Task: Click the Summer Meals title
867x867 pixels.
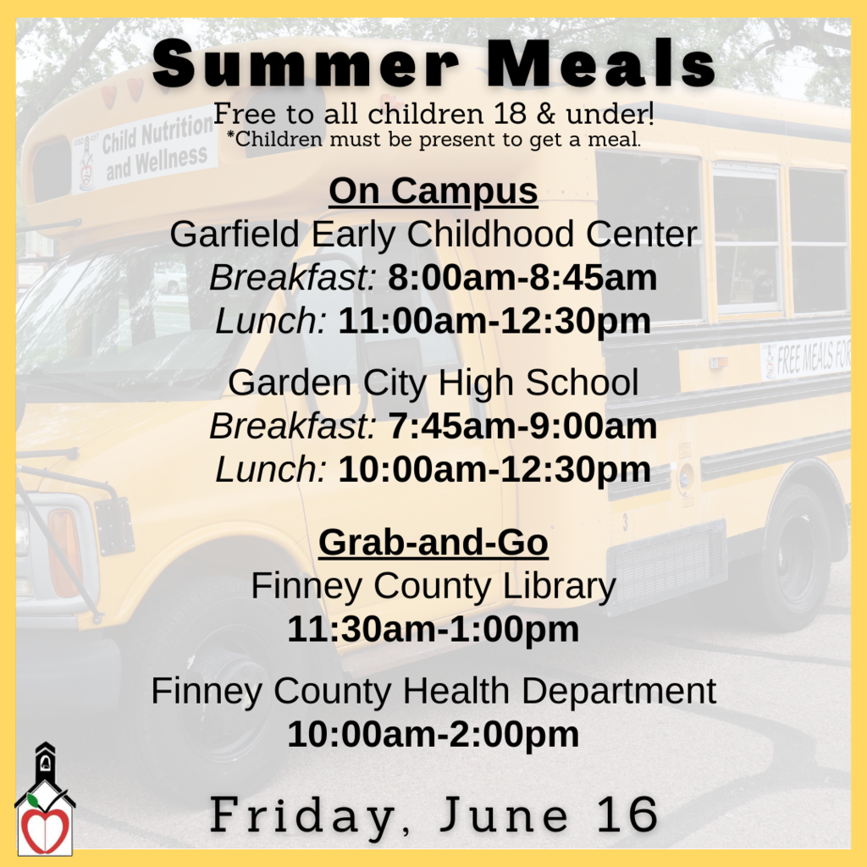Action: click(433, 64)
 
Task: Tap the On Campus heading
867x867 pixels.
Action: click(433, 191)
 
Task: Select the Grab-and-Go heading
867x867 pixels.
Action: click(433, 543)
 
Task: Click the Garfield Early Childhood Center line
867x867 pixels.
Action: click(433, 235)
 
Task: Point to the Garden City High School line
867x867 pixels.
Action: click(433, 383)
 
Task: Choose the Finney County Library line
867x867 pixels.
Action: click(433, 586)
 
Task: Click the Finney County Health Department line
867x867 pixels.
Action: click(433, 691)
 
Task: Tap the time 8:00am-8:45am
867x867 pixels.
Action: click(522, 278)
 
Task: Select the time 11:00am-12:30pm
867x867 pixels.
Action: click(494, 321)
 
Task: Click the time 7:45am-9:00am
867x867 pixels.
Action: click(522, 427)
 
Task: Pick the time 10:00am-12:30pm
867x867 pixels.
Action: click(494, 470)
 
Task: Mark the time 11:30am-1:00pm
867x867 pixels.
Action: click(433, 629)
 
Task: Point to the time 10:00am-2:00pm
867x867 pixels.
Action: click(433, 734)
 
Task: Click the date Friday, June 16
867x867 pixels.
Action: click(433, 815)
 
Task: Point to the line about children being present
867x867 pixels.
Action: click(433, 139)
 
